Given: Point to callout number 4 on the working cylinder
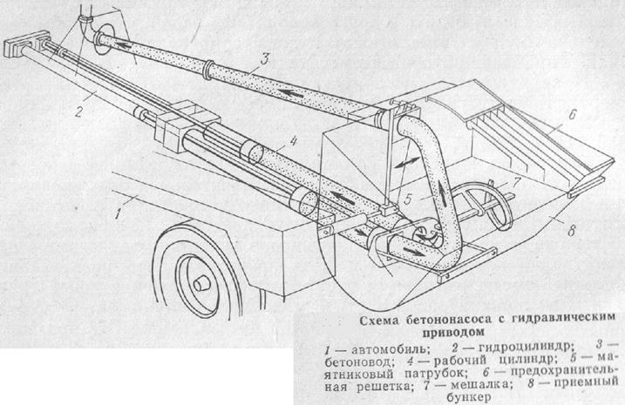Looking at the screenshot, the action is [270, 139].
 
